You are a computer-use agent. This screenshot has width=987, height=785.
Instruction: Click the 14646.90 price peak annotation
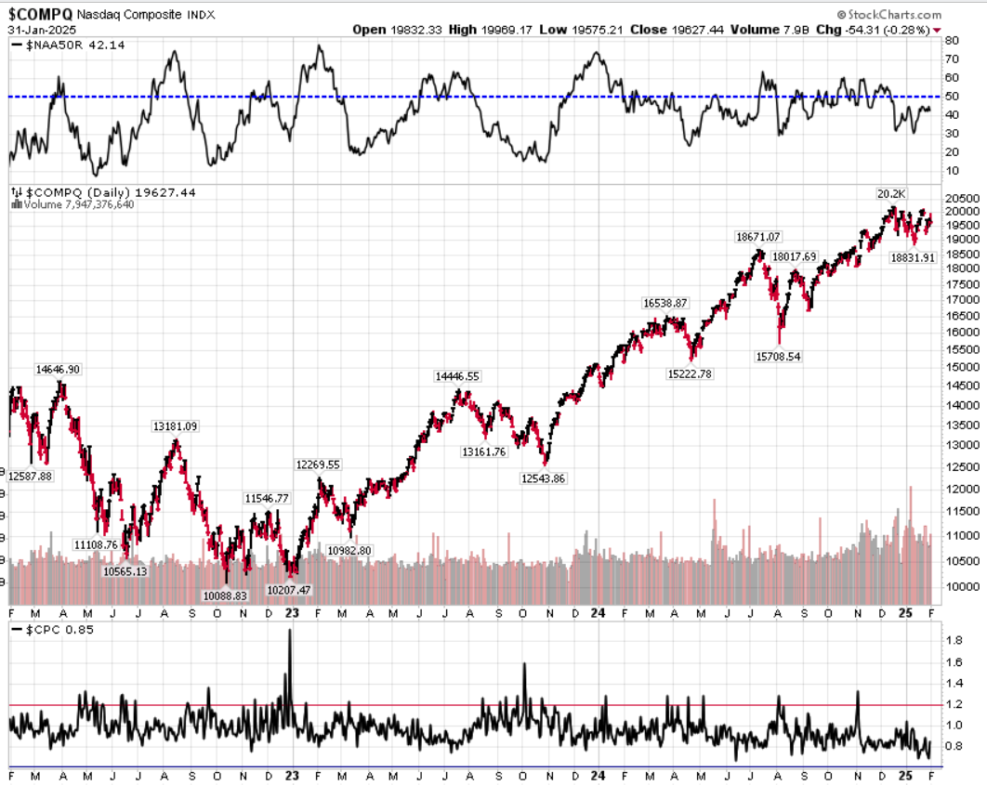click(59, 369)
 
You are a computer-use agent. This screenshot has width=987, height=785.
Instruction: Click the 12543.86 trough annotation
click(543, 478)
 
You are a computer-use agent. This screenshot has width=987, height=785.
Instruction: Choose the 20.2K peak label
click(891, 193)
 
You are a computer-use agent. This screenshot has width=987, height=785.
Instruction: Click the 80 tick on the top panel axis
click(952, 41)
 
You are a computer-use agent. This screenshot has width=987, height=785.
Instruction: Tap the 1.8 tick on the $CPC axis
click(954, 641)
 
